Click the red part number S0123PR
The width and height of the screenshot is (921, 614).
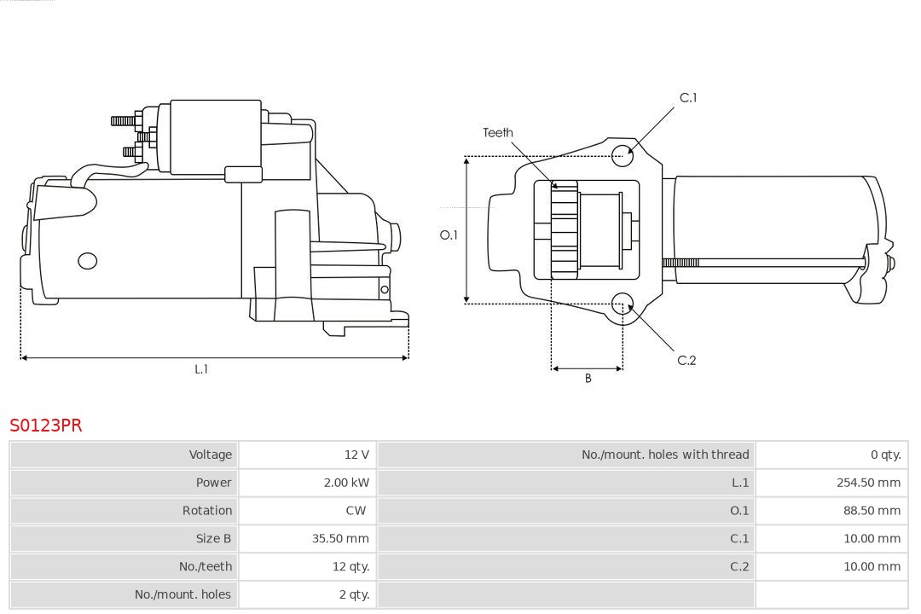pos(46,425)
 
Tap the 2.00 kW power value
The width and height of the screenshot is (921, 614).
pos(346,483)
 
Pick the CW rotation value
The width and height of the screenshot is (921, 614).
pos(356,511)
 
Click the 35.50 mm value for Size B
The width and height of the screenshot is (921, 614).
pos(340,538)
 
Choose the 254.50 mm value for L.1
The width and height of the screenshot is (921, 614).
pos(868,483)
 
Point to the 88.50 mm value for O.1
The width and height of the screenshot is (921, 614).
pos(871,511)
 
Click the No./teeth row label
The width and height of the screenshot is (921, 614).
pos(205,566)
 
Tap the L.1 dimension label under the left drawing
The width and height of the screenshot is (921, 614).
pos(201,369)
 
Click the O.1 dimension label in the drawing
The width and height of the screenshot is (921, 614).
pos(449,235)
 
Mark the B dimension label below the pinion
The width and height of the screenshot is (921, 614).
pos(588,378)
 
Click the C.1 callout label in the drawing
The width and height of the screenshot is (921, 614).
pos(687,98)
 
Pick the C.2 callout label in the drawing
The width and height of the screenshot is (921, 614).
pos(686,360)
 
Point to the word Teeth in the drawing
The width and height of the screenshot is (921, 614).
pos(498,132)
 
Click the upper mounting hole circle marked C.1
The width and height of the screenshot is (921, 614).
pos(623,153)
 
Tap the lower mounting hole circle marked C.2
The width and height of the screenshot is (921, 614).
pos(623,304)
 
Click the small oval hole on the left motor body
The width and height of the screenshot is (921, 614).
pos(87,261)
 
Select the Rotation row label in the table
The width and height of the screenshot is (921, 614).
pos(206,511)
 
